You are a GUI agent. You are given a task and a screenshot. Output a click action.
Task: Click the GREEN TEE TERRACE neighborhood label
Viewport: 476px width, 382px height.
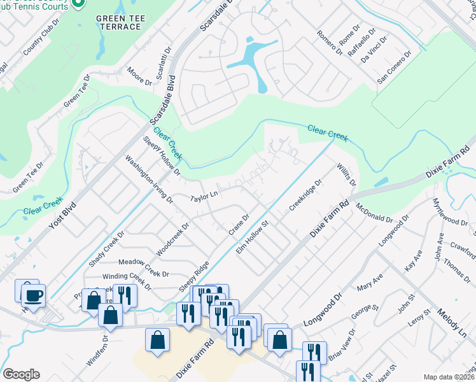tap(118, 22)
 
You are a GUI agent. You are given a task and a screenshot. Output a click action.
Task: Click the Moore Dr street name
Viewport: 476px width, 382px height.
tap(139, 76)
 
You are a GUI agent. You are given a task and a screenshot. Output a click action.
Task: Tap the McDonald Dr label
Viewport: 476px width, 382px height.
tap(375, 211)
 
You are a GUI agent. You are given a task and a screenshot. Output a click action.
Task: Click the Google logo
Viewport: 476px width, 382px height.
tap(21, 374)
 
